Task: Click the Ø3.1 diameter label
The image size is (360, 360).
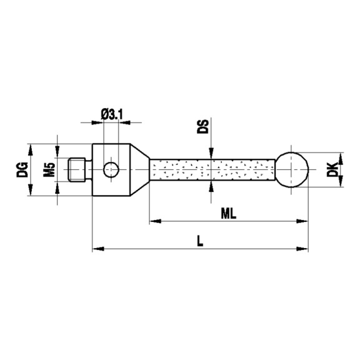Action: click(x=111, y=114)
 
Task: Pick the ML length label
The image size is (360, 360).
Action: click(x=229, y=212)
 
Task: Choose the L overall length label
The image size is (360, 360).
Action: click(x=199, y=241)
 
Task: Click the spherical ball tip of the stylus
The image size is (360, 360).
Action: click(x=294, y=169)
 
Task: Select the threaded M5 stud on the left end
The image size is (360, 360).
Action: click(x=76, y=169)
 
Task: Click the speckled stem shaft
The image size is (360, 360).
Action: click(x=212, y=169)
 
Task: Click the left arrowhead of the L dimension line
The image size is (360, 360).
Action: click(x=97, y=249)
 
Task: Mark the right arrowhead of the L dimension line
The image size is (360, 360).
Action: click(x=306, y=249)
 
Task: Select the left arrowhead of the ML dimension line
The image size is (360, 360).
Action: click(x=153, y=221)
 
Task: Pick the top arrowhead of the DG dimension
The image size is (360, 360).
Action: click(x=29, y=147)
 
